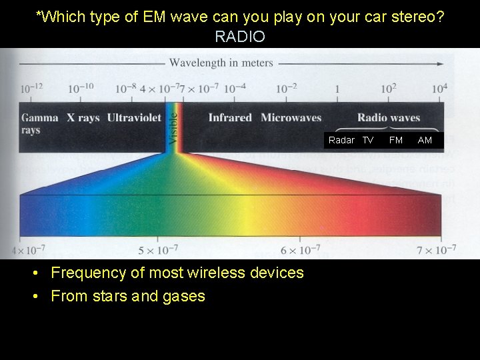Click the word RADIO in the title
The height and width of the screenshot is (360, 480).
pyautogui.click(x=240, y=37)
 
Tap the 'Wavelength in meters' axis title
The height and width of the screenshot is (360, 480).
pyautogui.click(x=221, y=63)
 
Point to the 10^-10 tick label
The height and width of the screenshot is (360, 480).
pyautogui.click(x=80, y=88)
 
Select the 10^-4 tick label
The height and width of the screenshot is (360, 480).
pyautogui.click(x=234, y=88)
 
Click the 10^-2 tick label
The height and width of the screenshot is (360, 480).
pyautogui.click(x=287, y=88)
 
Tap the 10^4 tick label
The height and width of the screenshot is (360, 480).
pyautogui.click(x=439, y=88)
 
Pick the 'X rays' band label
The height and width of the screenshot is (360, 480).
pyautogui.click(x=83, y=118)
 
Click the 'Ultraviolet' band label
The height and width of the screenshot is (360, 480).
pyautogui.click(x=134, y=118)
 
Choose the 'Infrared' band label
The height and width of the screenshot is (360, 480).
pyautogui.click(x=230, y=118)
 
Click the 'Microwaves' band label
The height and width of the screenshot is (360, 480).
pyautogui.click(x=291, y=118)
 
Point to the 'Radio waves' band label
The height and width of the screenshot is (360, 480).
pyautogui.click(x=389, y=118)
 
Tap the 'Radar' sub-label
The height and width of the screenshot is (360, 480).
pyautogui.click(x=341, y=140)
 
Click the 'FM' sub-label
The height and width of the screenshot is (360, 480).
pyautogui.click(x=396, y=140)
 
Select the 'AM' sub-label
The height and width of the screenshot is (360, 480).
pyautogui.click(x=425, y=140)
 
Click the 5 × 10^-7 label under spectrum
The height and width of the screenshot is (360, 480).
pyautogui.click(x=158, y=251)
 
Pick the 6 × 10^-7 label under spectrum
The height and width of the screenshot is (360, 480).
pyautogui.click(x=300, y=251)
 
